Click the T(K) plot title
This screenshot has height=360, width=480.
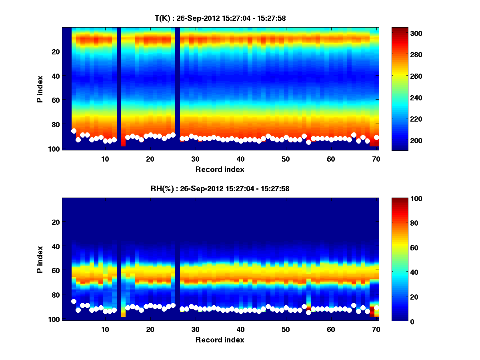coord(220,18)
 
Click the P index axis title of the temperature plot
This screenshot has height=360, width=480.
coord(40,89)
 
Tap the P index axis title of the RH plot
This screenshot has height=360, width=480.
coord(40,260)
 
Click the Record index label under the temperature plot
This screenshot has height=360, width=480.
coord(220,169)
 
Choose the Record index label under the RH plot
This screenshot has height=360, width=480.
coord(220,340)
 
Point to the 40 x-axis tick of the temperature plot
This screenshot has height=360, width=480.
coord(240,159)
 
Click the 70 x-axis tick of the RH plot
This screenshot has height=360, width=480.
coord(376,329)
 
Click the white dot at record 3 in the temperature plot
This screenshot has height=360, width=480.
coord(74,131)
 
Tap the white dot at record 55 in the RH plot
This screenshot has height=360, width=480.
coord(308,312)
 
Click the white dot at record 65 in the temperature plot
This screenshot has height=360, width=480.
coord(354,135)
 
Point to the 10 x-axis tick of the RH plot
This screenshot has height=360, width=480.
coord(105,329)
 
